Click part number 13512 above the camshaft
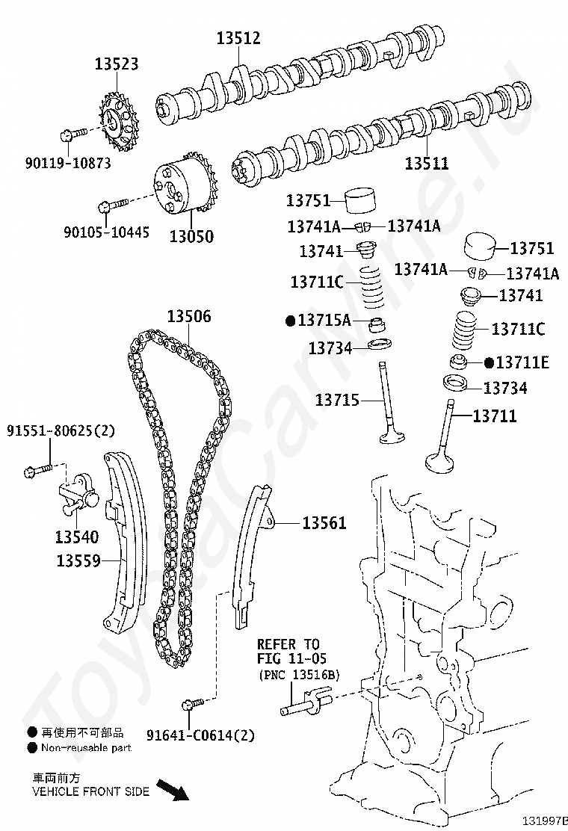coord(238,37)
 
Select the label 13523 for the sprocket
coord(116,64)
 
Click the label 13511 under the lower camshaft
coord(427,162)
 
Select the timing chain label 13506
coord(188,317)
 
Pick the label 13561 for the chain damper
coord(324,523)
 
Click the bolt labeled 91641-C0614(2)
coord(191,704)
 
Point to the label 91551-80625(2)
coord(61,430)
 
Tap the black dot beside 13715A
coord(291,321)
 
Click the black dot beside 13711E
coord(489,362)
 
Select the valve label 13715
coord(337,401)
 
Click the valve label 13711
coord(494,415)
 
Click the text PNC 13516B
coord(299,675)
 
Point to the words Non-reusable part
coord(86,747)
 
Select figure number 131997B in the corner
coord(546,821)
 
